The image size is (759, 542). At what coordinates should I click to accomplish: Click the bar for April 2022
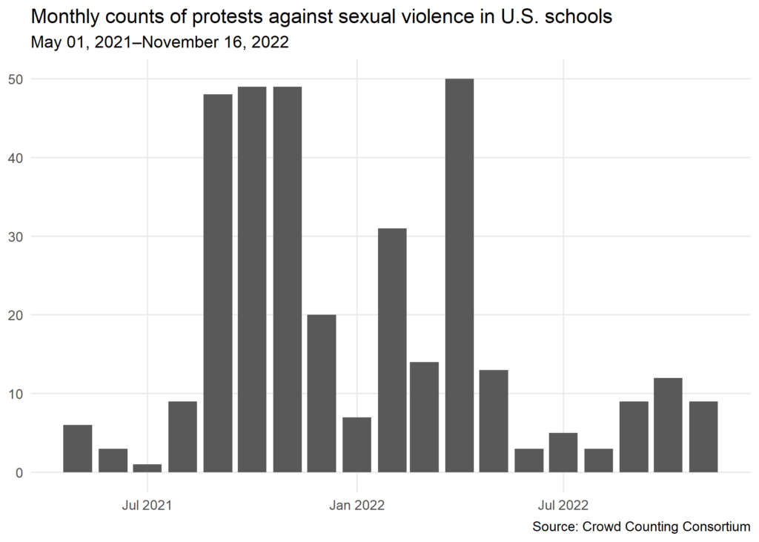coord(460,275)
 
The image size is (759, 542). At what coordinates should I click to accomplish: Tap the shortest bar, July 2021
coord(148,468)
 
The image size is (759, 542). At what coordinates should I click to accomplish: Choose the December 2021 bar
coord(322,393)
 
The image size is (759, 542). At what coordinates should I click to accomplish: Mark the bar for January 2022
coord(357,444)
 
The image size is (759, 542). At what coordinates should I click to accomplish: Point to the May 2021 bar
coord(78,448)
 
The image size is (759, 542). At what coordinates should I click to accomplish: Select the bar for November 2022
coord(703,437)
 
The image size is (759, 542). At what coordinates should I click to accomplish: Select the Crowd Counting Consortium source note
coord(640,526)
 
